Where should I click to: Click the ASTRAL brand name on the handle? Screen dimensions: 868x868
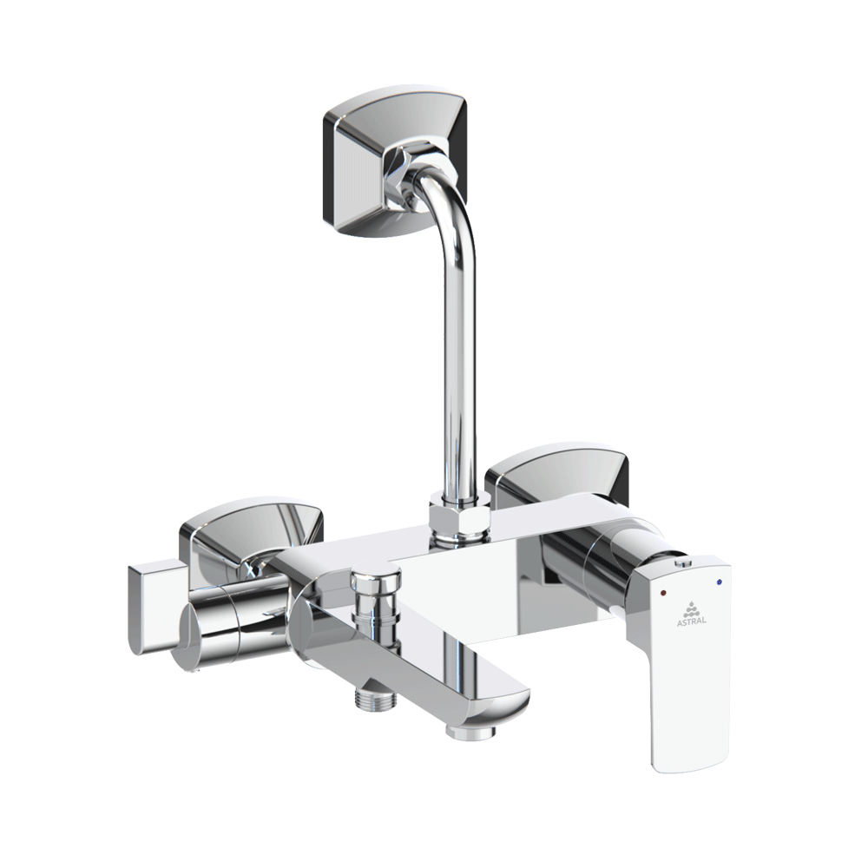click(x=692, y=621)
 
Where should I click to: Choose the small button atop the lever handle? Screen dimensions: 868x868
click(x=682, y=565)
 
